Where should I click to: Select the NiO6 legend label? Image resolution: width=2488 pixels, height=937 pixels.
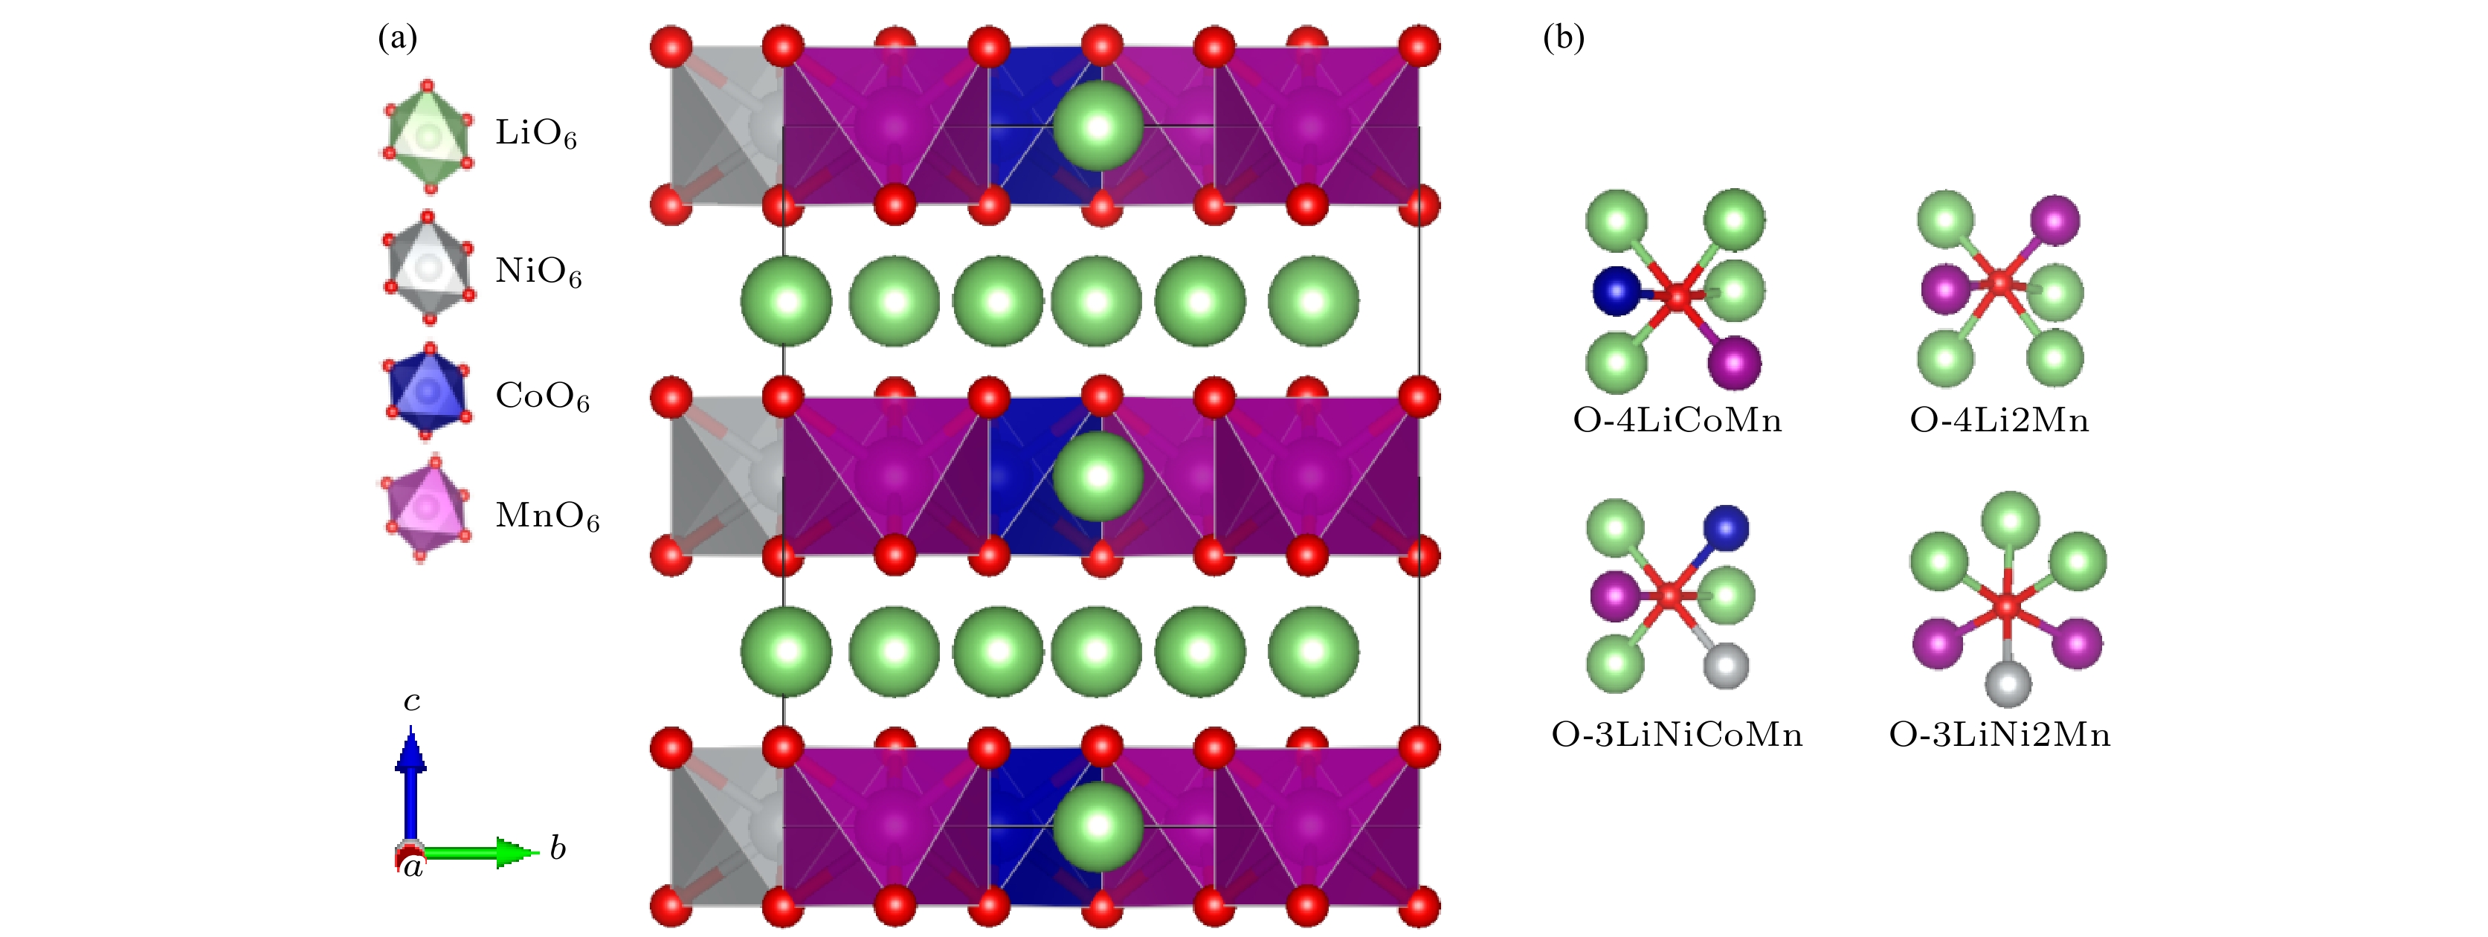538,271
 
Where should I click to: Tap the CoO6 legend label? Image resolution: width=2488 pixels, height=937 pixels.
542,396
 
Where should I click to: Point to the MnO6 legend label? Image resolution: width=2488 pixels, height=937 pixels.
547,516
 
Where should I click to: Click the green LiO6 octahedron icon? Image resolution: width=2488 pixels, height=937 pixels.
426,137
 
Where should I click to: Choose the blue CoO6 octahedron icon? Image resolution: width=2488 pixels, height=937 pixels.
428,390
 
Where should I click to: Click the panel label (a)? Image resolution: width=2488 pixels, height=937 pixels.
398,38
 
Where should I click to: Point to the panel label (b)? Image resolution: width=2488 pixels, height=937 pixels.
1564,38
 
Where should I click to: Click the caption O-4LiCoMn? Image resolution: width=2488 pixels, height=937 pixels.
1678,420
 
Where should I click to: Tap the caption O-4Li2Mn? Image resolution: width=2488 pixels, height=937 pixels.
1999,420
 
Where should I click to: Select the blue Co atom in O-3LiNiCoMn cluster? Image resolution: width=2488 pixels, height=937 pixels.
1725,527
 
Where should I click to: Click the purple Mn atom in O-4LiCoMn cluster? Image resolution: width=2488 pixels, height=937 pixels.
1734,362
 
